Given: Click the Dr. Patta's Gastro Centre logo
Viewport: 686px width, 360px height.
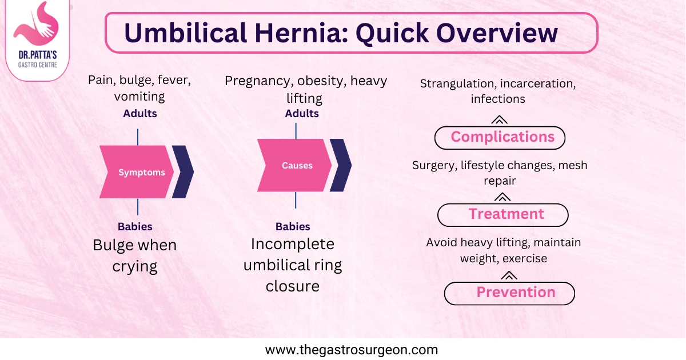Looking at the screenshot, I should tap(36, 40).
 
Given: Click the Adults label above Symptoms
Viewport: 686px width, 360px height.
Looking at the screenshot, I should tap(140, 113).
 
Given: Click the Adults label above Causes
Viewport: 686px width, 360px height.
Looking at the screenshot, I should tap(302, 113).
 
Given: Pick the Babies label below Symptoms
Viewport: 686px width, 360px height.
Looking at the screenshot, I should tap(135, 226).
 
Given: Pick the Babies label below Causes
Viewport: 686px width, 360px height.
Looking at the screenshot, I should tap(293, 226).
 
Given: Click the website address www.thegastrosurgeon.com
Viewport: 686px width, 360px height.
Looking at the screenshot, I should tap(352, 350).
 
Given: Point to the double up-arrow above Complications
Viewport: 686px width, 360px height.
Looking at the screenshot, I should tap(499, 119).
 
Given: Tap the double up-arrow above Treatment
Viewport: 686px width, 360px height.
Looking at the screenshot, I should tap(502, 197).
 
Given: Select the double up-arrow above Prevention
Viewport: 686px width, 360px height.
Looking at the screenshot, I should tap(508, 275).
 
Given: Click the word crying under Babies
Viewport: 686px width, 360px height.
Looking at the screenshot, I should tap(135, 266).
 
